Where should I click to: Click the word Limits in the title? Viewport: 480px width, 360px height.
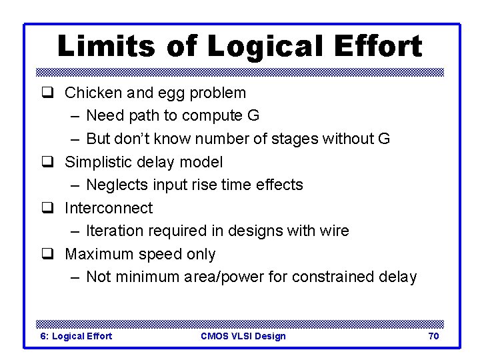click(x=105, y=47)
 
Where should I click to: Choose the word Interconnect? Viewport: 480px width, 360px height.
click(x=108, y=208)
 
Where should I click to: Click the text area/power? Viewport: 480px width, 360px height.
click(x=227, y=277)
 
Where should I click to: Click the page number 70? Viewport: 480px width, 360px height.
click(x=433, y=336)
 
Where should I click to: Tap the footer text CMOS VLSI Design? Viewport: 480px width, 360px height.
click(x=243, y=336)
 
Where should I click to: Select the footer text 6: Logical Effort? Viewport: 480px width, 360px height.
click(x=77, y=336)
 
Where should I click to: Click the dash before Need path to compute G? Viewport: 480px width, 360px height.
click(x=74, y=116)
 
